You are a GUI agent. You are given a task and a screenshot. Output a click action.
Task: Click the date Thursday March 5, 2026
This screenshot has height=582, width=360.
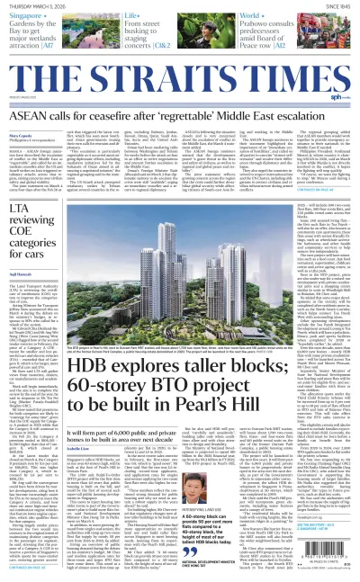click(x=40, y=5)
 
